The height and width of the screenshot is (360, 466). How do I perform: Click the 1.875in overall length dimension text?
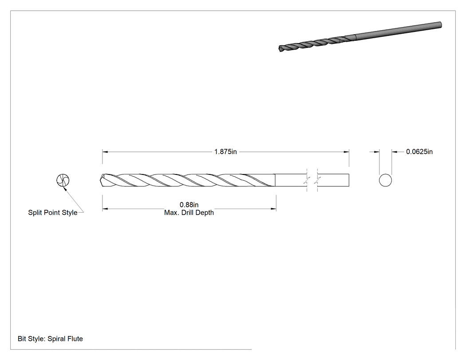pos(225,152)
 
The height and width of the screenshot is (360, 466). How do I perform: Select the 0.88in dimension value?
pos(189,205)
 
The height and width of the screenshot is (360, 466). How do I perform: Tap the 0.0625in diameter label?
pos(419,152)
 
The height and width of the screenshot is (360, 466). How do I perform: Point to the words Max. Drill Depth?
pos(189,213)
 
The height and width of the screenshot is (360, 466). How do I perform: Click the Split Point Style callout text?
pos(53,213)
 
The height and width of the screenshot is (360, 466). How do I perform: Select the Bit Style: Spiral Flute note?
pos(50,339)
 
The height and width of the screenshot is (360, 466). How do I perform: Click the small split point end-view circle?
pos(63,180)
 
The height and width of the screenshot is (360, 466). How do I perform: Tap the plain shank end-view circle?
pos(386,181)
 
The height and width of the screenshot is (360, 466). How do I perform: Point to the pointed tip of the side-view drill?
pos(100,180)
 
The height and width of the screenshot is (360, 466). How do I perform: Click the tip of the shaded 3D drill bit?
pos(280,49)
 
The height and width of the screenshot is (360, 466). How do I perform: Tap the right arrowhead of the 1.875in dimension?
pos(347,152)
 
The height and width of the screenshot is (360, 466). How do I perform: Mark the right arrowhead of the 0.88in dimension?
pos(274,209)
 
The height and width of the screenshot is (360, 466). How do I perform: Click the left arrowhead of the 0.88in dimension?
pos(105,209)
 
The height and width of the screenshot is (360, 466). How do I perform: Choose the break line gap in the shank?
pos(312,180)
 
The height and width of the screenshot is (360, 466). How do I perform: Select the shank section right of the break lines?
pos(333,180)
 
